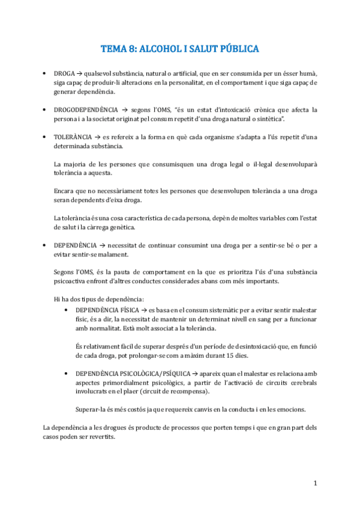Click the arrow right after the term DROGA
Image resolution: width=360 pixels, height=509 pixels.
[80, 73]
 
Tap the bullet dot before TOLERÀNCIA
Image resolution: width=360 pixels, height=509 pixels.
[46, 137]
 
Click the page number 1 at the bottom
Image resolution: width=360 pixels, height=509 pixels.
[315, 483]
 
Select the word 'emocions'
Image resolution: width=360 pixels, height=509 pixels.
[290, 409]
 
